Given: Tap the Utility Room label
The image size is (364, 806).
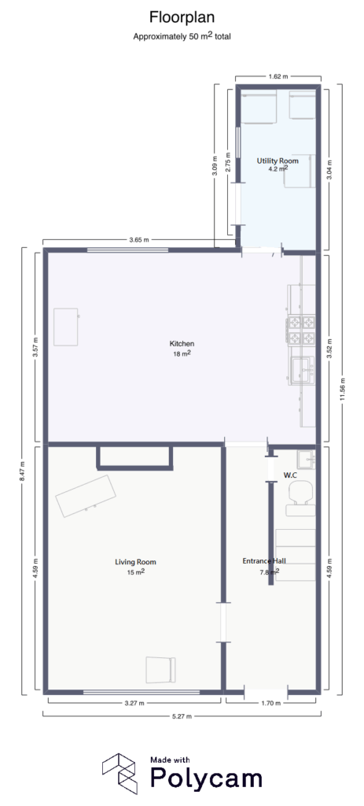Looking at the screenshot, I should pos(278,161).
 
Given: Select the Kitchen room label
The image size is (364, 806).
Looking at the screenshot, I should pos(182,344).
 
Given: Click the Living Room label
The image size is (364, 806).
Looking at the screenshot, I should pos(136,562).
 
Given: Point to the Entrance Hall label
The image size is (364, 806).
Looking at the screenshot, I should pos(263,562).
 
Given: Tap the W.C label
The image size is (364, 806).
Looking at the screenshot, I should pos(289,475).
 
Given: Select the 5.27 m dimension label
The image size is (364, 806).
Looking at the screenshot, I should pos(181,716).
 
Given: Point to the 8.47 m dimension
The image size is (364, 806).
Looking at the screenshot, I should pos(23,470).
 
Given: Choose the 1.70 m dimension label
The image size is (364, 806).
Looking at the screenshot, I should pos(270,703).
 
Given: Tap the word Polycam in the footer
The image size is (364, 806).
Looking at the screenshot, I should pos(206,778).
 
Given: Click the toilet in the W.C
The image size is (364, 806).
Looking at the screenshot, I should pos(300,493).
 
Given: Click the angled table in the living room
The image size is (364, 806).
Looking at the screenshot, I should pos(86,495).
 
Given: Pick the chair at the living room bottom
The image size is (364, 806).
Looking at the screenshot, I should pos(160,668).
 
